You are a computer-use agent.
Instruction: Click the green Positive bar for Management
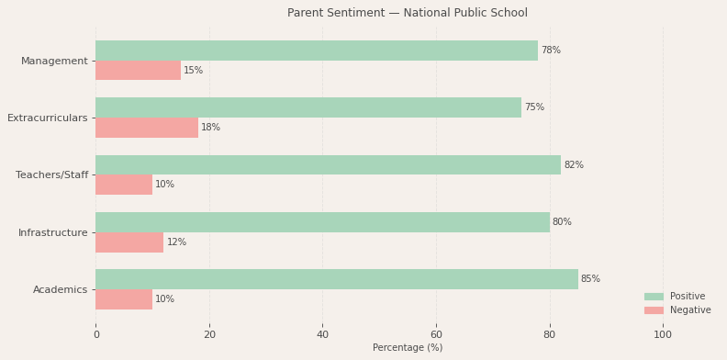pyautogui.click(x=317, y=51)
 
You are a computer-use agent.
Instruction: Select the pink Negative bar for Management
pyautogui.click(x=138, y=71)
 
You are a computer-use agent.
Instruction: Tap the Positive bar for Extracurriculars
pyautogui.click(x=308, y=107)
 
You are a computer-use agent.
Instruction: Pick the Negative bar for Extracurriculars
pyautogui.click(x=147, y=128)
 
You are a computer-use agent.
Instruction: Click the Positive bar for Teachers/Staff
pyautogui.click(x=328, y=165)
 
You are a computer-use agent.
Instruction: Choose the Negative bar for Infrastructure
pyautogui.click(x=129, y=242)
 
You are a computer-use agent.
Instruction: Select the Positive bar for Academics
pyautogui.click(x=337, y=279)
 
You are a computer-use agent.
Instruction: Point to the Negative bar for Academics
pyautogui.click(x=124, y=299)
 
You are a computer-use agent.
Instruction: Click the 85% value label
pyautogui.click(x=590, y=279)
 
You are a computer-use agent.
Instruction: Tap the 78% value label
pyautogui.click(x=551, y=51)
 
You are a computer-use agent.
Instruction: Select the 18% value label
pyautogui.click(x=211, y=128)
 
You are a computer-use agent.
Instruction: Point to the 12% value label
pyautogui.click(x=176, y=242)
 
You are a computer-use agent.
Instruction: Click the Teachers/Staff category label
pyautogui.click(x=52, y=175)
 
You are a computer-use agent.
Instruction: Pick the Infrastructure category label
pyautogui.click(x=53, y=233)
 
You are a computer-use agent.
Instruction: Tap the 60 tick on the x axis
pyautogui.click(x=436, y=335)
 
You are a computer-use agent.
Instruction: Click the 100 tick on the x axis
pyautogui.click(x=663, y=335)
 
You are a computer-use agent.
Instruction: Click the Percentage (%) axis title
pyautogui.click(x=408, y=348)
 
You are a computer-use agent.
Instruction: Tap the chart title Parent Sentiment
pyautogui.click(x=408, y=13)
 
